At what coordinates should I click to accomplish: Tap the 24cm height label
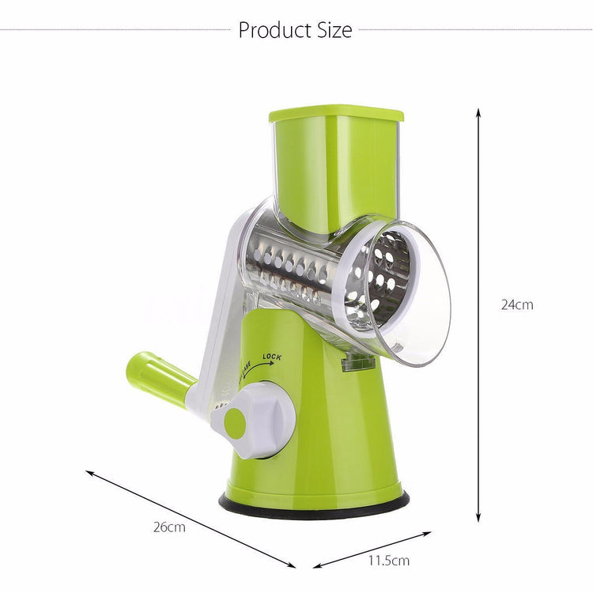[x=517, y=304]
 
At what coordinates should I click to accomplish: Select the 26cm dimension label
[x=170, y=527]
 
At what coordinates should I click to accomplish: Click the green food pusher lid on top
[x=335, y=115]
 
